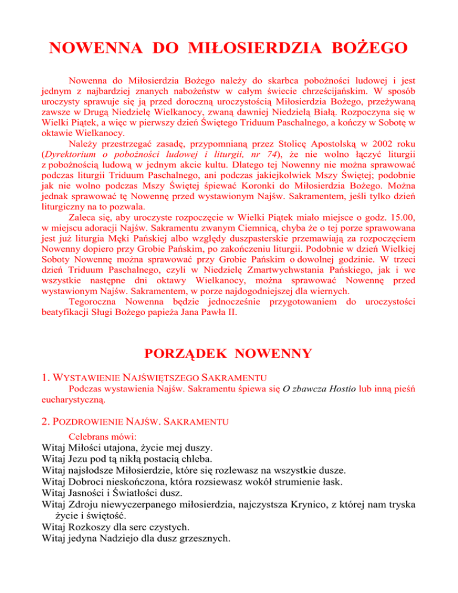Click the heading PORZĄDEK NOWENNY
(229, 353)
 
